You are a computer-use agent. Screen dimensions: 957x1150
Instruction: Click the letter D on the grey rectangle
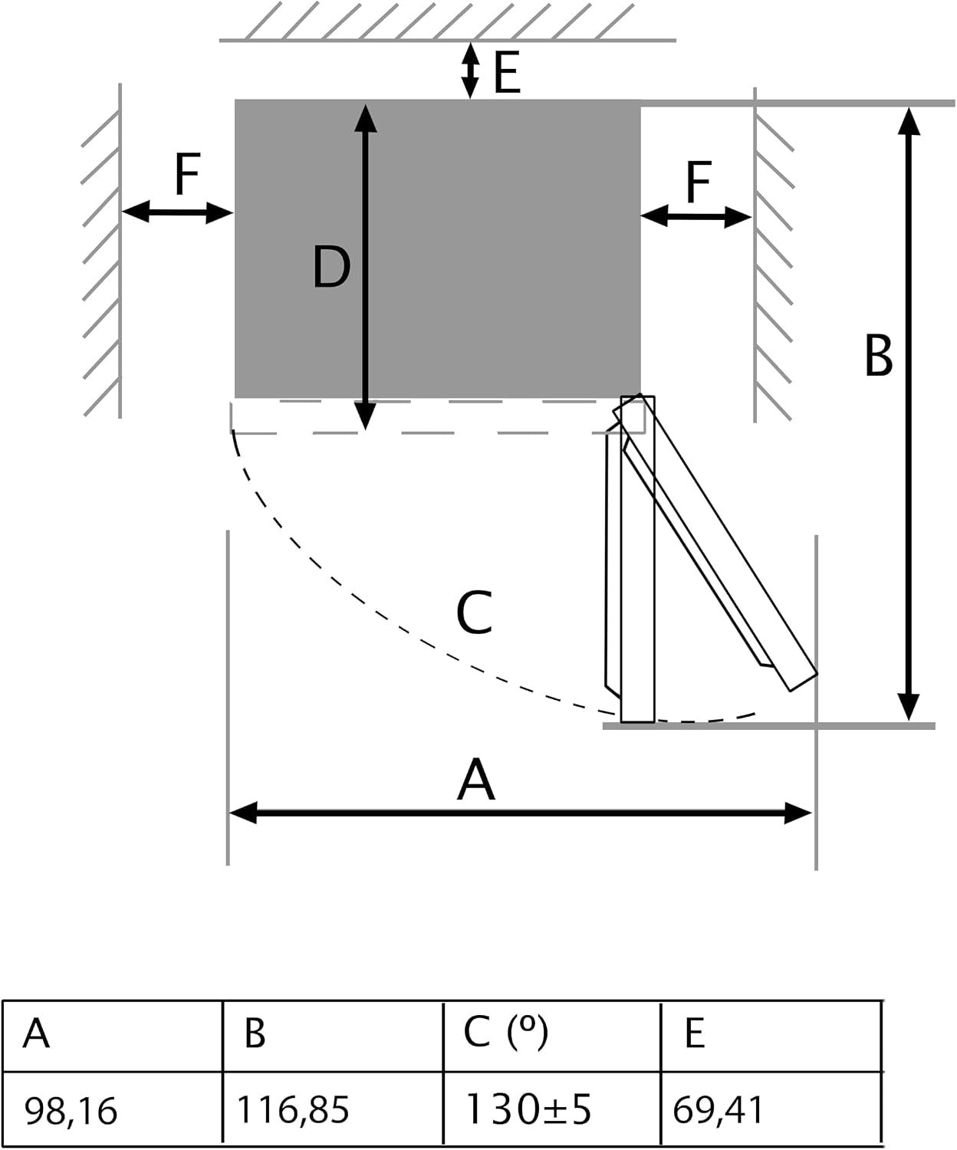point(331,267)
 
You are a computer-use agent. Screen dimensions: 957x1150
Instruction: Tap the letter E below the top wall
point(507,74)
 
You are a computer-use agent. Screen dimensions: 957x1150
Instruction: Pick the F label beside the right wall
point(699,182)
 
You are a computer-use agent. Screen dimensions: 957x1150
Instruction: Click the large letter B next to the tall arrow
point(878,355)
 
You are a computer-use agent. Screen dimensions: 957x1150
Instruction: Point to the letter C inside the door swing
point(474,612)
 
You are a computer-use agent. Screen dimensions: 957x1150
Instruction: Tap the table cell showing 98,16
point(71,1110)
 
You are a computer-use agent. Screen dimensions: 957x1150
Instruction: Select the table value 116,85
point(293,1109)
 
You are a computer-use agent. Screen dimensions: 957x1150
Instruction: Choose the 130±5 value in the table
point(528,1108)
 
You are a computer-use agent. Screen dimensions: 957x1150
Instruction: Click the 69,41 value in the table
point(718,1109)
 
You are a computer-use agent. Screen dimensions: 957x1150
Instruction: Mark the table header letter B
point(255,1033)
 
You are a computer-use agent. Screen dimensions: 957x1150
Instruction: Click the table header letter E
point(694,1033)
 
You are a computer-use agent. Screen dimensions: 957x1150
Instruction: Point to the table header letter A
point(36,1033)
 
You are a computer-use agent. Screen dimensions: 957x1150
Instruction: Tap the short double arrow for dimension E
point(470,70)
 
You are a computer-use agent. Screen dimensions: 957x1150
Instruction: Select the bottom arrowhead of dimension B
point(909,707)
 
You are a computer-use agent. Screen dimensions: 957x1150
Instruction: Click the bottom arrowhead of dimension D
point(365,416)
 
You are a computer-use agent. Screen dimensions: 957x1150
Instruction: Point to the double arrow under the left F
point(177,212)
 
